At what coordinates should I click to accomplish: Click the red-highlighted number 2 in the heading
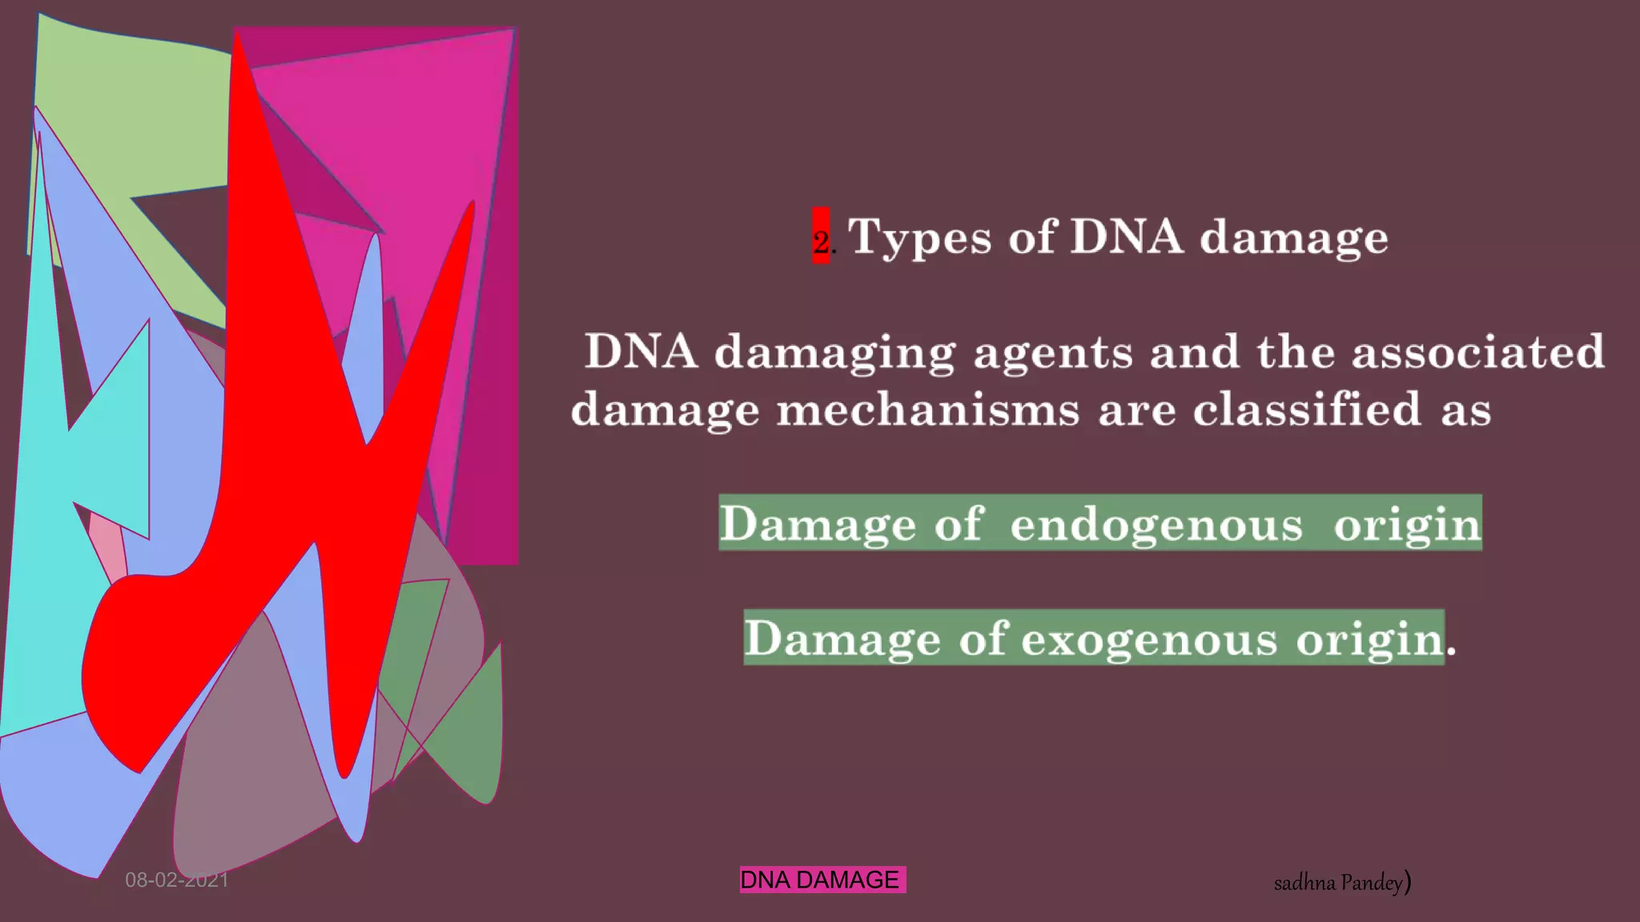click(x=821, y=239)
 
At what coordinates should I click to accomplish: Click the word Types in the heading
click(x=919, y=238)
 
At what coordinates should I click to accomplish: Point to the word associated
click(x=1477, y=351)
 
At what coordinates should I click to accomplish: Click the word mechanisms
click(x=927, y=410)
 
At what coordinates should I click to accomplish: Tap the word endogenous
click(x=1156, y=524)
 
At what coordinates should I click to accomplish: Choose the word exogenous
click(x=1149, y=639)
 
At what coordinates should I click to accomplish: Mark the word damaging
click(x=834, y=353)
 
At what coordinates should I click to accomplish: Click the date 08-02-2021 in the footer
click(x=177, y=880)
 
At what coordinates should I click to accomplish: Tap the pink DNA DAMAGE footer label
click(x=822, y=880)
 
